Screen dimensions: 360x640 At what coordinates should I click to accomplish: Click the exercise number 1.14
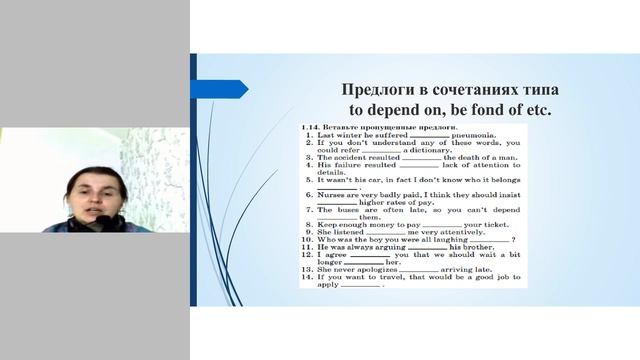pos(311,128)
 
